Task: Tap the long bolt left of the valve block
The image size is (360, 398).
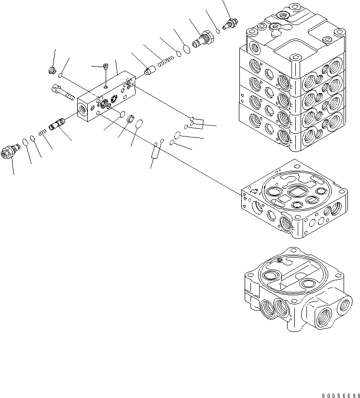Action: (x=61, y=93)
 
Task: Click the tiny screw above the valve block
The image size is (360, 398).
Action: (x=106, y=67)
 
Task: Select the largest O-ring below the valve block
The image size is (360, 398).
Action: (x=139, y=125)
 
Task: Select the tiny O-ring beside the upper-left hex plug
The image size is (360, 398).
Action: (x=60, y=75)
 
